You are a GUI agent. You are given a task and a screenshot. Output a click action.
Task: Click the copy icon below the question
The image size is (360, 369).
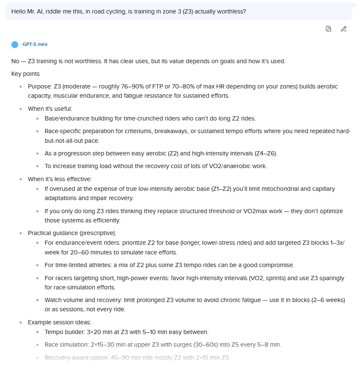click(x=328, y=29)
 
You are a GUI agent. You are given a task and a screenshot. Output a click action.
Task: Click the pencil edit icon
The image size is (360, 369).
click(x=344, y=29)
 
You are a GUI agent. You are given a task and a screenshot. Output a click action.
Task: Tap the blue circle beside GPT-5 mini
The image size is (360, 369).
click(x=15, y=44)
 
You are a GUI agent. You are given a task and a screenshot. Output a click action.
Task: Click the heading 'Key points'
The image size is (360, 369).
click(x=25, y=74)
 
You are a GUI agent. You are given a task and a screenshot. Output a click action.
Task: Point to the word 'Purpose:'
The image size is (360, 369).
click(x=40, y=86)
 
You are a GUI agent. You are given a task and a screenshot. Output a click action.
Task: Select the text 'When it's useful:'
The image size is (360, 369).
click(x=50, y=109)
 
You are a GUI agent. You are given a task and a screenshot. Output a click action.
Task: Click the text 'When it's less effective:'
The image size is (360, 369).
click(x=59, y=179)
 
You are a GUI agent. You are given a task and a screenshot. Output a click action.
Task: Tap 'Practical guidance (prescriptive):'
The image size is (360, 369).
click(x=72, y=233)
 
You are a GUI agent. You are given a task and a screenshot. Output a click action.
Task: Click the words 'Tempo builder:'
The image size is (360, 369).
click(x=64, y=332)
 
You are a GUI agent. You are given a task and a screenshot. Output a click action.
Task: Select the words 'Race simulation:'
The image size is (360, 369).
click(x=67, y=345)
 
